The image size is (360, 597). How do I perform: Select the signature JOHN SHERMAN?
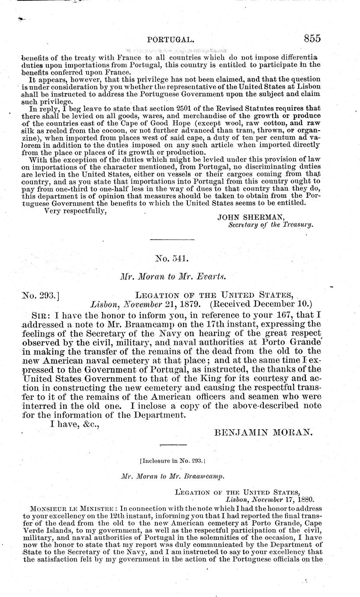pos(244,218)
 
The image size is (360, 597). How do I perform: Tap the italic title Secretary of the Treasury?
pos(271,225)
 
